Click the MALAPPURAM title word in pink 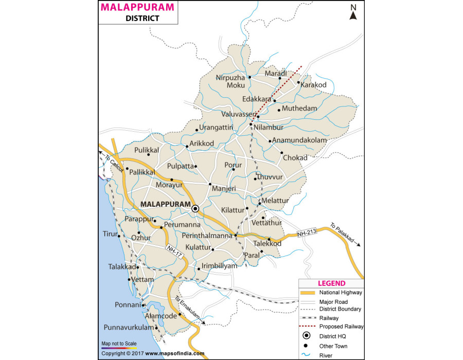tap(137, 7)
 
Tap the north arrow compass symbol tap(353, 12)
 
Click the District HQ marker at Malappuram tap(195, 209)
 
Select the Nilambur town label tap(269, 126)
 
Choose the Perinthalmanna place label tap(207, 236)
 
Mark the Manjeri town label tap(224, 189)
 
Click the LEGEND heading tap(331, 283)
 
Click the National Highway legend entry tap(341, 292)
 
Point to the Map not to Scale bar tap(119, 347)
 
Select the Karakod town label tap(314, 84)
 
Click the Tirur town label tap(110, 234)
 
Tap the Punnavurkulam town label tap(129, 328)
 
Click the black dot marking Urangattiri tap(197, 130)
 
